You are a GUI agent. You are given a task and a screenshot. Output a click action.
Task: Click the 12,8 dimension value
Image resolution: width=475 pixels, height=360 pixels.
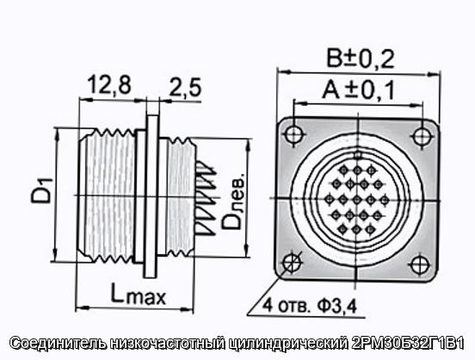pos(109,85)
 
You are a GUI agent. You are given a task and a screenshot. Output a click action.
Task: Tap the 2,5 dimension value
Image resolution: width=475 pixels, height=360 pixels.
pos(185,87)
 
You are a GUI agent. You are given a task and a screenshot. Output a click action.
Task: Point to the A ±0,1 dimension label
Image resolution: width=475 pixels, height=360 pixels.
pos(358,90)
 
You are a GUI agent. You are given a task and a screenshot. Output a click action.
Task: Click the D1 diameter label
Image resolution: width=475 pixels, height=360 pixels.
pos(42,191)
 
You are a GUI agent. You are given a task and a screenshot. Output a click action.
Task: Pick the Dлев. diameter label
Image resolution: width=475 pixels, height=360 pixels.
pos(233,202)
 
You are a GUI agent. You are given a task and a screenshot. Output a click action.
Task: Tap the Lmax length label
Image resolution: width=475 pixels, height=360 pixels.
pos(139,294)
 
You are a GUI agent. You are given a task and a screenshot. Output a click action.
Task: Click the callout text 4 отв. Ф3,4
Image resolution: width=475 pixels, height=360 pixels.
pos(309,306)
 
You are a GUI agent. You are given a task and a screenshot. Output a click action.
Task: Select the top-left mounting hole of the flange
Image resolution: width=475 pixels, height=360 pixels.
pos(293,133)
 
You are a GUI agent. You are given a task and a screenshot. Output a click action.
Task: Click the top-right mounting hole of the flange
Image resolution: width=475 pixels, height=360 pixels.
pos(422,136)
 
